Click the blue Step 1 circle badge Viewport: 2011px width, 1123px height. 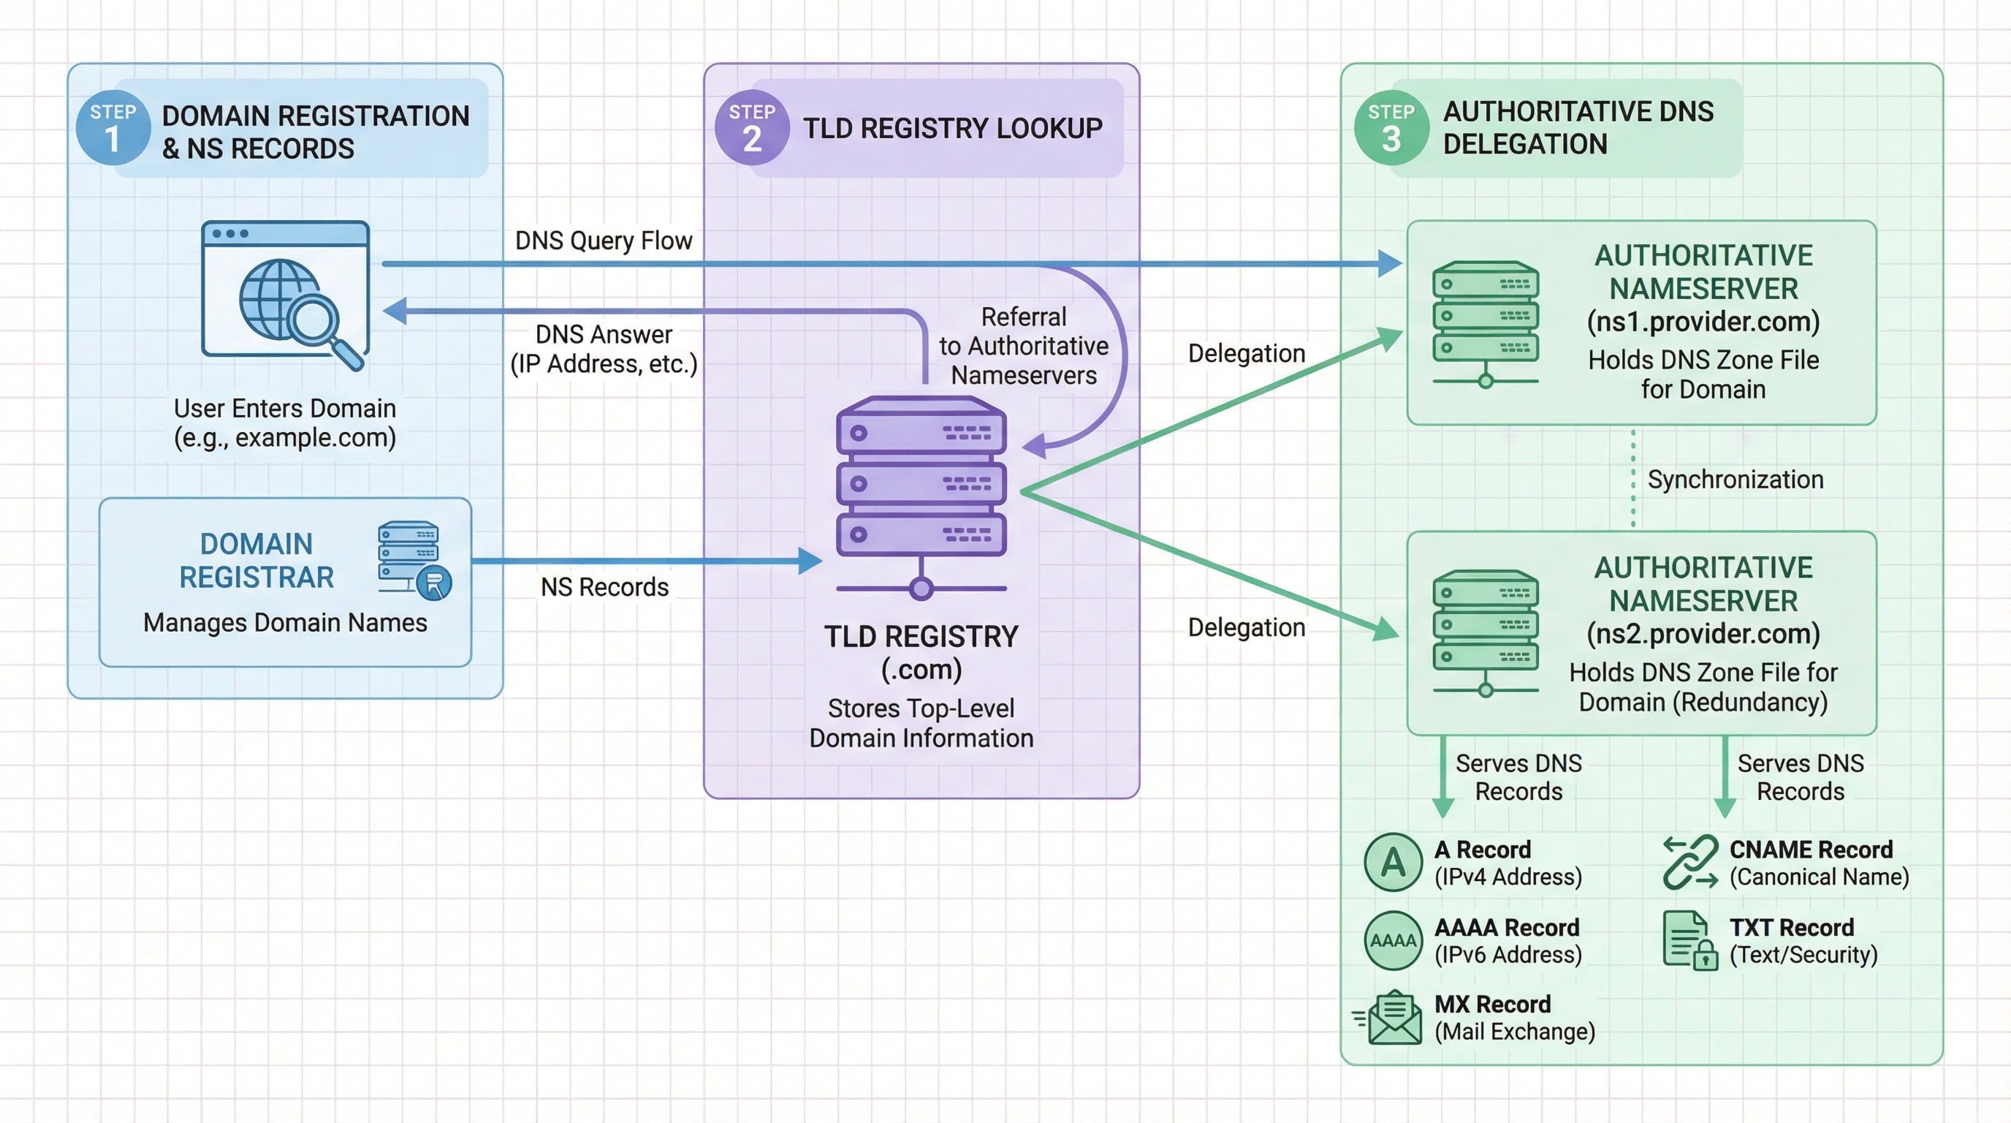click(x=113, y=128)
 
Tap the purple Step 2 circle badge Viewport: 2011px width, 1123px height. click(x=752, y=128)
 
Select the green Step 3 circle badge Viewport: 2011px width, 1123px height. click(x=1391, y=128)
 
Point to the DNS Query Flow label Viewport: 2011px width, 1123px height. click(x=604, y=241)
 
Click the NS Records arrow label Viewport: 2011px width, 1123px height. click(x=604, y=587)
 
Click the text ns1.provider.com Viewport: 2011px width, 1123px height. click(x=1703, y=322)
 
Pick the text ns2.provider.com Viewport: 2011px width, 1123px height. click(x=1703, y=633)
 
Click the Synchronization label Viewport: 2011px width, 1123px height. click(x=1735, y=480)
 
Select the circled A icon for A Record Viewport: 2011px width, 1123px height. click(x=1393, y=862)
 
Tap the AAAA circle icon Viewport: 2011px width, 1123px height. click(x=1393, y=940)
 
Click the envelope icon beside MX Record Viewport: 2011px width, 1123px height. click(x=1393, y=1017)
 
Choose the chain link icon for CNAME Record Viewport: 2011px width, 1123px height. click(x=1690, y=862)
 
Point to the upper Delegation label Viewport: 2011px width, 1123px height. click(x=1246, y=353)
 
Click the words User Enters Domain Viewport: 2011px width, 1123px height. click(x=285, y=409)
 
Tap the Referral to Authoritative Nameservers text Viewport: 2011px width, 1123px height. click(x=1024, y=346)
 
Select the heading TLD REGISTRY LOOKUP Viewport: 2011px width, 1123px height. click(x=952, y=128)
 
